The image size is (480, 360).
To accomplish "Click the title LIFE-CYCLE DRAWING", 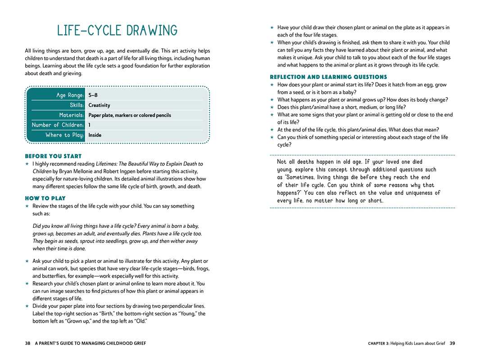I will coord(117,31).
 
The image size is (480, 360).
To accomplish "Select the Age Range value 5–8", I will coord(93,95).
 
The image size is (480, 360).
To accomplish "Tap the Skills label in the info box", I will coord(77,105).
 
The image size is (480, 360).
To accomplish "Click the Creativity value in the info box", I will coord(99,105).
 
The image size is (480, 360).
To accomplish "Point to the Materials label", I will coord(72,115).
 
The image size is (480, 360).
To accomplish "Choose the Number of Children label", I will coord(58,125).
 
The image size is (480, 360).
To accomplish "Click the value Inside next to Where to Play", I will coord(95,135).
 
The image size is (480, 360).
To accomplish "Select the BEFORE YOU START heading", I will coord(53,156).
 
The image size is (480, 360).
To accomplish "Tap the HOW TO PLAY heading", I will coord(45,198).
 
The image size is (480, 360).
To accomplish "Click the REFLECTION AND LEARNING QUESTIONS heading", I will coord(328,77).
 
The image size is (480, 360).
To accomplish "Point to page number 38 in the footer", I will coord(27,343).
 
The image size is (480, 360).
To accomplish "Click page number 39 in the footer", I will coord(452,343).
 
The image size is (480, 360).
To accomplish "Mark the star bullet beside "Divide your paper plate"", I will coord(27,306).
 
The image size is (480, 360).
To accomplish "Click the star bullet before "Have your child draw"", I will coord(272,27).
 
